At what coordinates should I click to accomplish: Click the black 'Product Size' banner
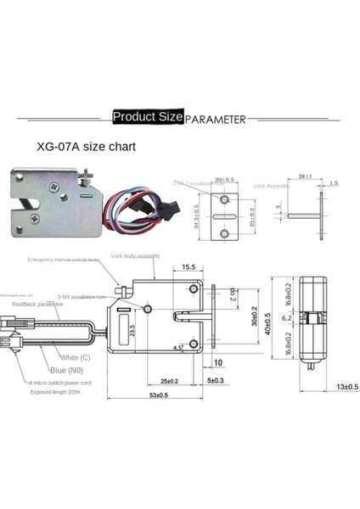pos(146,117)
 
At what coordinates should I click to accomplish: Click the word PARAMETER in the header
pos(216,120)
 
